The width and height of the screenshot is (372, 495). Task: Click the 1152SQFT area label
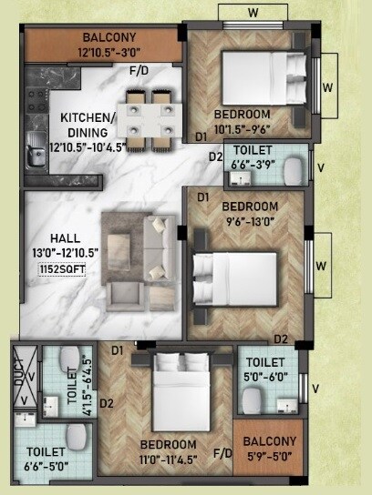[62, 269]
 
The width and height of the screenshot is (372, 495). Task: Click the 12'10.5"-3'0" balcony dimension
[109, 52]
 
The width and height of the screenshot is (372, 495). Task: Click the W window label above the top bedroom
[253, 14]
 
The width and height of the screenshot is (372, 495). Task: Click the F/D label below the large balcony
[139, 71]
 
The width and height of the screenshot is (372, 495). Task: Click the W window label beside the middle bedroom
[320, 266]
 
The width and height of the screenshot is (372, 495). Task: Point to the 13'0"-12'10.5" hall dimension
[62, 253]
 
